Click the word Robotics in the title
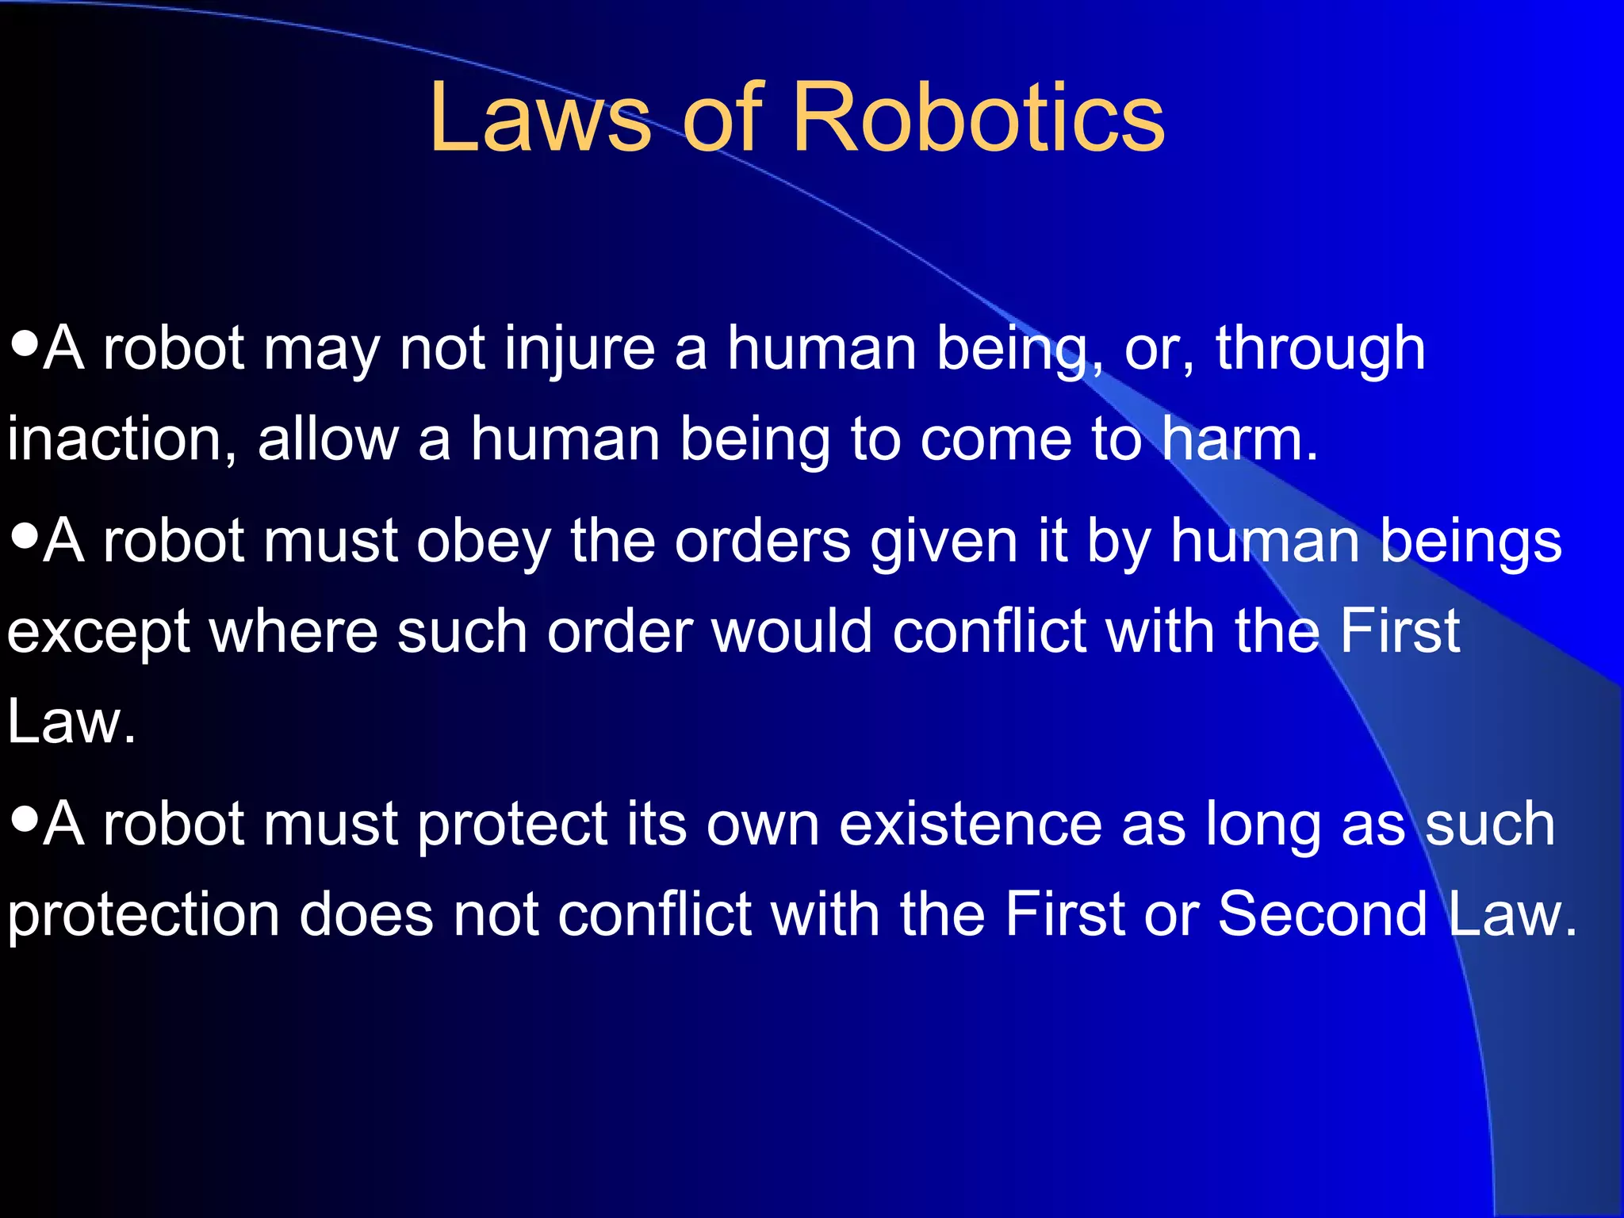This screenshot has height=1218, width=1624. (x=978, y=119)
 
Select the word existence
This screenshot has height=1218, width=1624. (x=970, y=825)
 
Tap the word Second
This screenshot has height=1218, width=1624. (x=1322, y=914)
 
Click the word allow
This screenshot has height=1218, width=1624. (x=328, y=440)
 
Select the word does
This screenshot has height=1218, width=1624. (x=366, y=914)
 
